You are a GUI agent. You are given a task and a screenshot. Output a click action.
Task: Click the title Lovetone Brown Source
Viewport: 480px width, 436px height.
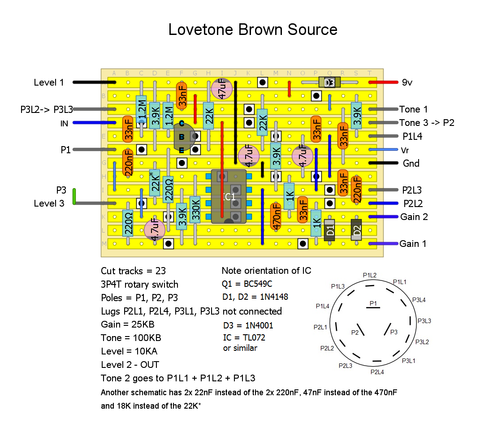[253, 30]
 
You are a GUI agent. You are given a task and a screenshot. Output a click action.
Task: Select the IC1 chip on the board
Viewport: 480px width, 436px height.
[229, 196]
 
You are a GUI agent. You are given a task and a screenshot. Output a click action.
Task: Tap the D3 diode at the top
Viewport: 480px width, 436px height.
[329, 82]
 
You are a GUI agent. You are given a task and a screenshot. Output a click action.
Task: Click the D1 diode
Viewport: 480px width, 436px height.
[330, 230]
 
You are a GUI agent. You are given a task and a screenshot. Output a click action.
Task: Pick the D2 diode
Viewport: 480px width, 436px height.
[357, 230]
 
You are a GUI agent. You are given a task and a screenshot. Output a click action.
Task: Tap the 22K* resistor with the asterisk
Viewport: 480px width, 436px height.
[155, 183]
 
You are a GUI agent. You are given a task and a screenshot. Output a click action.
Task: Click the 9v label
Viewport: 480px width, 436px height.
[407, 82]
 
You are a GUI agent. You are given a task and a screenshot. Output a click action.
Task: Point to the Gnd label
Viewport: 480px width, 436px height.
[411, 163]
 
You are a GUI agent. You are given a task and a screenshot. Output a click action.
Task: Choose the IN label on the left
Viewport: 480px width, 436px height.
[64, 123]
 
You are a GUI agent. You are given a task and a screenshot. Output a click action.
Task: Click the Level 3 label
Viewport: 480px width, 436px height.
[49, 203]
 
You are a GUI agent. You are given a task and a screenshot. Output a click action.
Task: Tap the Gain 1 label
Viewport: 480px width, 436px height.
[413, 244]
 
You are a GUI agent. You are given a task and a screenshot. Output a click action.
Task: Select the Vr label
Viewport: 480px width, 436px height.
[405, 150]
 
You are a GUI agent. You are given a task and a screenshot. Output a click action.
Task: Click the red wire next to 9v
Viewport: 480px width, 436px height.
[383, 82]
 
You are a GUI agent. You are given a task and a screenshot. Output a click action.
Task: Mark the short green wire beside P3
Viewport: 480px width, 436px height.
[74, 196]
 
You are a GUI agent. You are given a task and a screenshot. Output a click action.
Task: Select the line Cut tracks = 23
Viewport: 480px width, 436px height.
[133, 271]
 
